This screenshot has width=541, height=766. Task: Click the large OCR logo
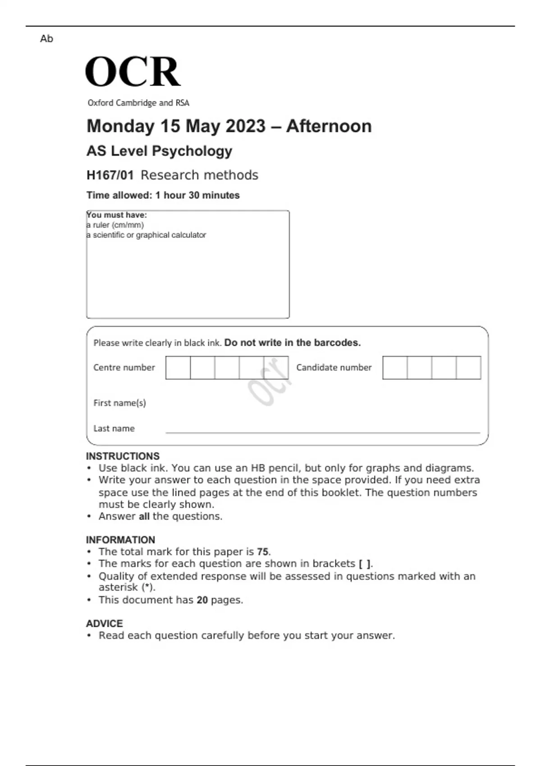(133, 72)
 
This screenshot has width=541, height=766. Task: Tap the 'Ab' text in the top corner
(46, 39)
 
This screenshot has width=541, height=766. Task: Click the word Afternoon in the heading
(329, 126)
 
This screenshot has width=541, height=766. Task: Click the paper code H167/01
(110, 175)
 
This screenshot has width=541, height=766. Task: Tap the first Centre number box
(178, 368)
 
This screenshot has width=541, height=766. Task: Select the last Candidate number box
(468, 368)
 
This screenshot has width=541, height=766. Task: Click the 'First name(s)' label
(119, 403)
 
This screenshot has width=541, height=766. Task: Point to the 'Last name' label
(114, 429)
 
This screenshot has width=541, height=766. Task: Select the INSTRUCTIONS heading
(123, 456)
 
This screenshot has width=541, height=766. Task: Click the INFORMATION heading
(120, 540)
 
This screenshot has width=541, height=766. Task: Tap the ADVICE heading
(104, 624)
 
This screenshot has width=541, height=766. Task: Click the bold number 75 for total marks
(262, 552)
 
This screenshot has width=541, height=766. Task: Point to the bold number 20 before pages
(202, 600)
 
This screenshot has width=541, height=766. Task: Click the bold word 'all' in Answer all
(144, 516)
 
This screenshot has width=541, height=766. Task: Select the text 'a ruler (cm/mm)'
(115, 225)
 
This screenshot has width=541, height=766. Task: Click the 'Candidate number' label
(334, 368)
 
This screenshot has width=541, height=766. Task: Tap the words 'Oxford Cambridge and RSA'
(138, 103)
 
